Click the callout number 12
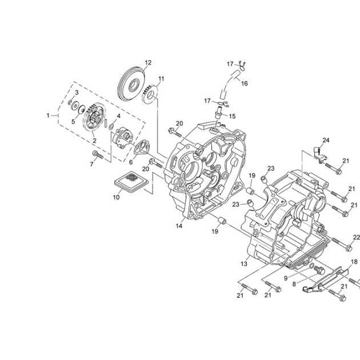tap(149, 62)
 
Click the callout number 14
tap(179, 226)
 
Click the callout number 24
tap(326, 140)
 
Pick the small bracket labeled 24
tap(320, 154)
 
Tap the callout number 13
tap(244, 264)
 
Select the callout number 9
tap(286, 278)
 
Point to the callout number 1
tap(48, 115)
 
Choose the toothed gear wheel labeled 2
tap(94, 117)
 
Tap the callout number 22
tap(357, 237)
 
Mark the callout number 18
tap(354, 262)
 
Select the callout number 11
tap(161, 79)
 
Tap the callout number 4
tap(118, 116)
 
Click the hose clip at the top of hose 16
tap(242, 66)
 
